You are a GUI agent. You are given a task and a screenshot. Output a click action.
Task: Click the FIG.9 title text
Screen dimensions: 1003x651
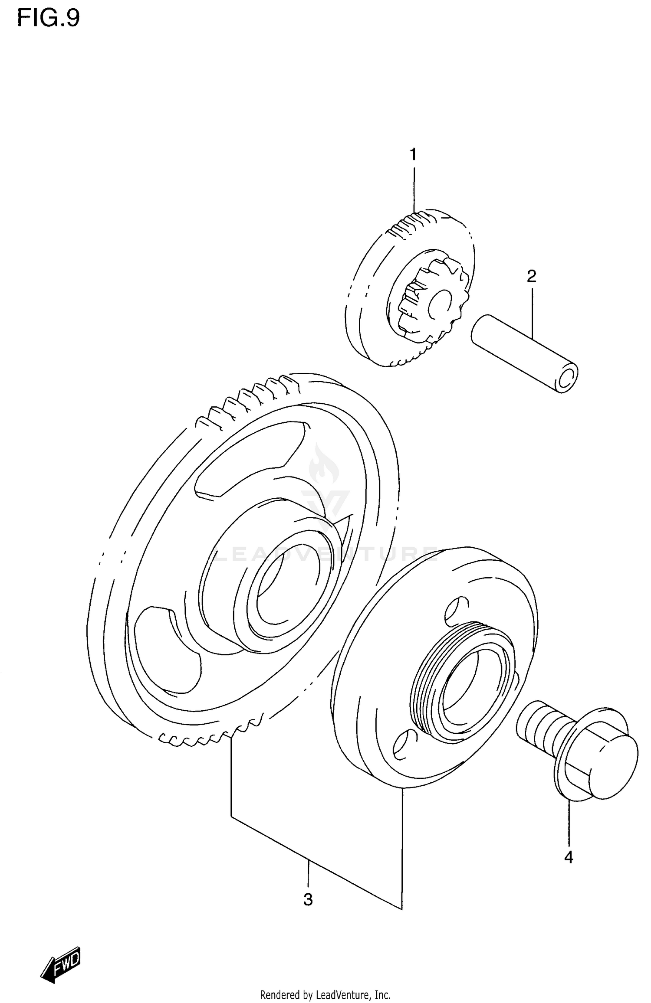[x=49, y=19]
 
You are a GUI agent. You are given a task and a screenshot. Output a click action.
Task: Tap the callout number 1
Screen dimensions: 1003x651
[x=413, y=154]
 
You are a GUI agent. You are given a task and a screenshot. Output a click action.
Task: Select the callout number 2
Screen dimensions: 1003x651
[x=531, y=276]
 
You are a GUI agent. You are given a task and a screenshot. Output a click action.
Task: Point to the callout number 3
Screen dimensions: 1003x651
[x=308, y=900]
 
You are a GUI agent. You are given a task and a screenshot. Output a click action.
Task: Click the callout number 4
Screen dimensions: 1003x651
[x=569, y=857]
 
